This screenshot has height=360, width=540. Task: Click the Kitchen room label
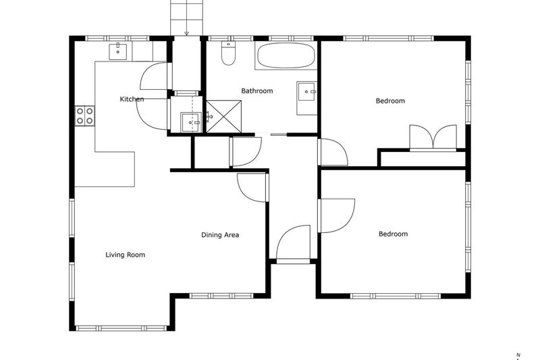(132, 99)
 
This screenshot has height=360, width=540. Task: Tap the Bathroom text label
(257, 91)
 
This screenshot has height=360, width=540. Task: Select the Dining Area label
(220, 235)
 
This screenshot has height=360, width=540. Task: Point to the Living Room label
(125, 255)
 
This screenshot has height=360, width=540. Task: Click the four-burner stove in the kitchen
(85, 115)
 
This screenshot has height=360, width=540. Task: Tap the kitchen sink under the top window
(117, 52)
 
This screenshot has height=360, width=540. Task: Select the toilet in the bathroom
(228, 53)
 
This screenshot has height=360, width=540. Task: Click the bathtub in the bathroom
(286, 56)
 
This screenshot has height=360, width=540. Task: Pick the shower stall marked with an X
(223, 116)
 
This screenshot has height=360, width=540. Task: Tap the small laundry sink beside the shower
(191, 122)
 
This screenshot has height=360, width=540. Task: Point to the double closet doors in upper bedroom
(433, 138)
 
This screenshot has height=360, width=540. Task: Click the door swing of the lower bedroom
(337, 215)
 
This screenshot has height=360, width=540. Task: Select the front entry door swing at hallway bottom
(294, 243)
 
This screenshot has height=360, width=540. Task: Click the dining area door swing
(252, 188)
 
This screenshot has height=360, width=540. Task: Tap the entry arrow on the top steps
(186, 33)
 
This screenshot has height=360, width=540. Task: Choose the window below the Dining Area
(221, 296)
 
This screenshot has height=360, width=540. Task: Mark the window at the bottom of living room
(122, 328)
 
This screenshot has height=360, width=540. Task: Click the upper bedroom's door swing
(333, 152)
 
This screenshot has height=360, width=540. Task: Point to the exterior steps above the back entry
(186, 18)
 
